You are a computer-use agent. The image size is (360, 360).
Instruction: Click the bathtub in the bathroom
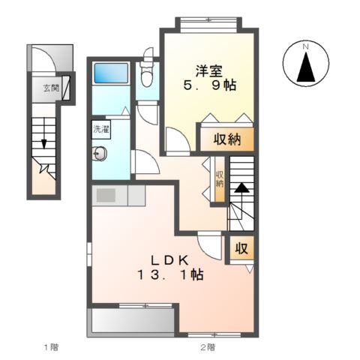click(111, 73)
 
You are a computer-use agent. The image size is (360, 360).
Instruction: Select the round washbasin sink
click(100, 153)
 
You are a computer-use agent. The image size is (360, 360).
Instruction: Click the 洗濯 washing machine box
click(101, 130)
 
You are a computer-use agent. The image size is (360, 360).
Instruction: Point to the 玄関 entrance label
click(51, 88)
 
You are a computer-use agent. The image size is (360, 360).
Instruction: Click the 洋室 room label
click(208, 70)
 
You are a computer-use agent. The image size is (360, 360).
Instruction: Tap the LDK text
click(169, 261)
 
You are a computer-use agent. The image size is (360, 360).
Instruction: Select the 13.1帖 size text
click(170, 274)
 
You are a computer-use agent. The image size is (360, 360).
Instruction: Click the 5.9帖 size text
click(209, 85)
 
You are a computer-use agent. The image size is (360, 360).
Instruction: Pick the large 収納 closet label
click(227, 139)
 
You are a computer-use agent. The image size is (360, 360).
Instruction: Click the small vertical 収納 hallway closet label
click(220, 179)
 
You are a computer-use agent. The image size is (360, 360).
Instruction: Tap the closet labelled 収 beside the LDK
click(241, 249)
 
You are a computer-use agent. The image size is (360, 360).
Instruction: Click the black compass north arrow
click(306, 67)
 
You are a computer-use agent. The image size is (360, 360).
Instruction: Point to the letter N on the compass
click(305, 46)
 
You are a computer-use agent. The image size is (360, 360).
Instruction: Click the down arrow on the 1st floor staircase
click(44, 133)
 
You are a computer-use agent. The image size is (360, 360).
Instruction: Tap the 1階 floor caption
click(51, 347)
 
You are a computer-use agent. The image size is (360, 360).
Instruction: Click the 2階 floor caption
click(208, 347)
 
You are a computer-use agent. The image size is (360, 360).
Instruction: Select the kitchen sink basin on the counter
click(106, 195)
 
